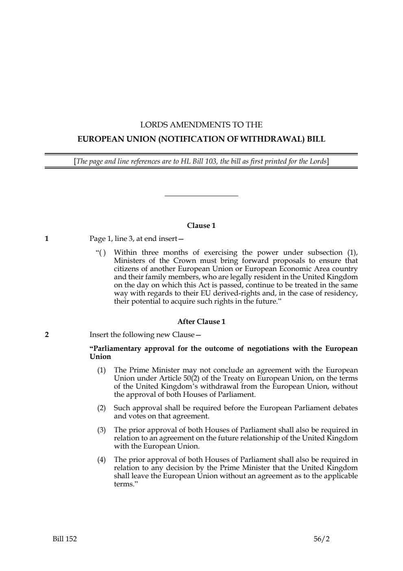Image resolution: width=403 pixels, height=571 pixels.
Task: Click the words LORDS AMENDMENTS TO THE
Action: pos(201,125)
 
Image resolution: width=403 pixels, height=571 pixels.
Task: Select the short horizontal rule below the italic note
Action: pos(201,196)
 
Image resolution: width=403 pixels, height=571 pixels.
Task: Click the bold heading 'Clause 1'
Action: pos(201,225)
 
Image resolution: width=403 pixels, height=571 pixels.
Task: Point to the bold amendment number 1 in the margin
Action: pos(47,238)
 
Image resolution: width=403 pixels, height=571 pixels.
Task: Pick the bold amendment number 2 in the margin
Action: pos(47,335)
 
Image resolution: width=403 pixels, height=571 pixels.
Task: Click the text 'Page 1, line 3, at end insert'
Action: pos(133,238)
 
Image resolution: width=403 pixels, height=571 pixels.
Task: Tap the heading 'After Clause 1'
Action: pos(201,322)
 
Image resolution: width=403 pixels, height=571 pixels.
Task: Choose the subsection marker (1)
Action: pos(101,370)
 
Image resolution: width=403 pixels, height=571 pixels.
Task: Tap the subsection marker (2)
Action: pos(101,408)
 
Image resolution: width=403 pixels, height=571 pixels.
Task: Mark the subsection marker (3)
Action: pos(101,430)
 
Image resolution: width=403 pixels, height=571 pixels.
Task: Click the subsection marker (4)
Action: pos(101,460)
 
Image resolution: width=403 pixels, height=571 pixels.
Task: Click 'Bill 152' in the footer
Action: pos(65,539)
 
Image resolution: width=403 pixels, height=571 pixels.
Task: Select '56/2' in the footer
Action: pos(322,539)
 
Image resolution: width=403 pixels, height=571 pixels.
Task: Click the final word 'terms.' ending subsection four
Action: pos(125,484)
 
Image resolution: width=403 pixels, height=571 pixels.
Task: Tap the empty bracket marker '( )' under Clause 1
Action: pos(102,253)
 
